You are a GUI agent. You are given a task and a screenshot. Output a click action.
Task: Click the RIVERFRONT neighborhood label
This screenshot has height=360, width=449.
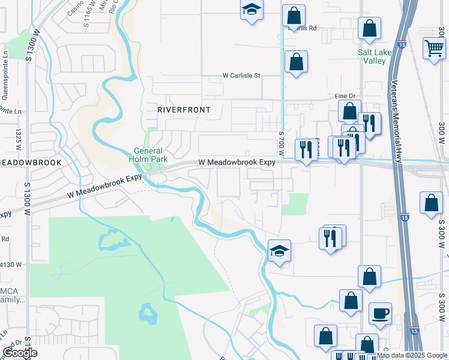[x=175, y=110]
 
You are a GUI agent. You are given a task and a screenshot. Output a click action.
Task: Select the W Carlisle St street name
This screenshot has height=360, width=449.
[x=241, y=76]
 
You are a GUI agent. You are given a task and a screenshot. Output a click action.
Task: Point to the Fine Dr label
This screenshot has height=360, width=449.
[x=345, y=96]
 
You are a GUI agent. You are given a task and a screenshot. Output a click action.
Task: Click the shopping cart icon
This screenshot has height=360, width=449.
[x=433, y=48]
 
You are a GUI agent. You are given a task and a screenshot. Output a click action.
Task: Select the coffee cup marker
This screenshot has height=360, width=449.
[x=379, y=313]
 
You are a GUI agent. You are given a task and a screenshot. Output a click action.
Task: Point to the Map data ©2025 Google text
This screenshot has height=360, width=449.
[x=412, y=356]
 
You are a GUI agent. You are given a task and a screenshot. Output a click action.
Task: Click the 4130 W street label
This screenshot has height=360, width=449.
[x=11, y=265]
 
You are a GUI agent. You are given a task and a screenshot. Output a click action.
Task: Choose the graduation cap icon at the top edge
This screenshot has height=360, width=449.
[x=252, y=10]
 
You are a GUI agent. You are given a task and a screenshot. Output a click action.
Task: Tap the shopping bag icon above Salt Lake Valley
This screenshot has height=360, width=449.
[x=369, y=28]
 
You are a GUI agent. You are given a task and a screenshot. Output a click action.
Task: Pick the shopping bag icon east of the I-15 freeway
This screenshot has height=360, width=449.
[x=431, y=203]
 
